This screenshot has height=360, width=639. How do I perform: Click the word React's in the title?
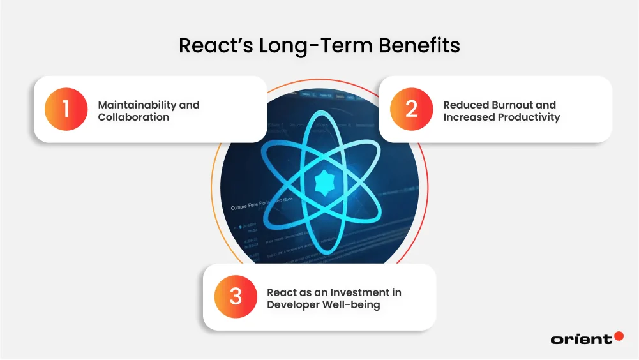[213, 46]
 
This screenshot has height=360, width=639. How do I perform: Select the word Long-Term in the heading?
[305, 46]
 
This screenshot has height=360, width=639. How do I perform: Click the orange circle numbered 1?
[66, 109]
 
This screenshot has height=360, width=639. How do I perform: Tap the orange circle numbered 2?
[411, 109]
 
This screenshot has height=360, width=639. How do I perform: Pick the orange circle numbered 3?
[236, 297]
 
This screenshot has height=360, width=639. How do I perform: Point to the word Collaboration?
[133, 117]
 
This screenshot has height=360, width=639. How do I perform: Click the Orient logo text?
[581, 340]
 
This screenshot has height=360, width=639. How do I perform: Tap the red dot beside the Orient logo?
[619, 336]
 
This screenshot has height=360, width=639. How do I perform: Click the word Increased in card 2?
[468, 117]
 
